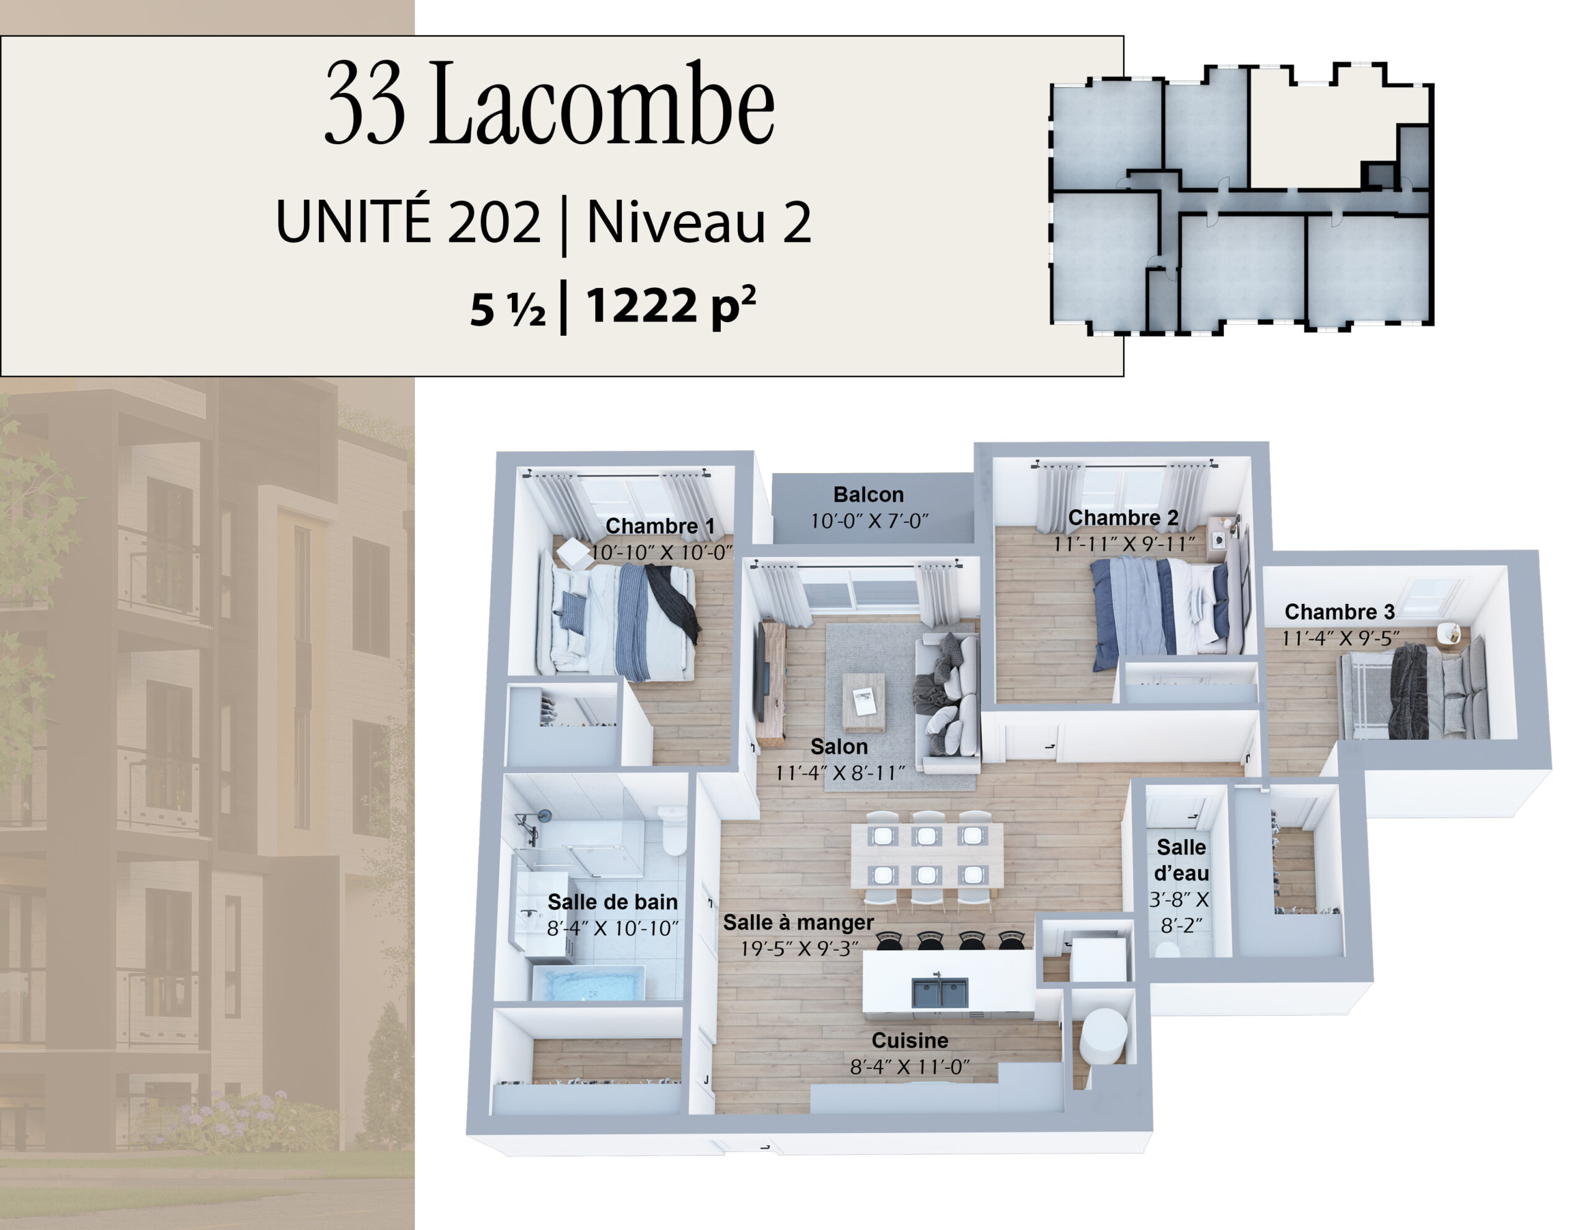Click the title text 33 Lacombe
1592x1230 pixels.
550,103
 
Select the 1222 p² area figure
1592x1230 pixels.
670,306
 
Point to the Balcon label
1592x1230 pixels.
868,494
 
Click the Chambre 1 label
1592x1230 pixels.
660,525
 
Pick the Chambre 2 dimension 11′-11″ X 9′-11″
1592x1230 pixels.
1124,544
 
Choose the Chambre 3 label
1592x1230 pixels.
1340,611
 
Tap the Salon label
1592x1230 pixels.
839,747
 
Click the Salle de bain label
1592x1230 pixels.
613,902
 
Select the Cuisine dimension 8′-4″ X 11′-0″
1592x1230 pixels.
910,1066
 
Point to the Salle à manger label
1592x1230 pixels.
798,922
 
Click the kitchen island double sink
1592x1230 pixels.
940,992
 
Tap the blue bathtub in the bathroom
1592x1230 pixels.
588,983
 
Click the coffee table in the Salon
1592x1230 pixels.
864,702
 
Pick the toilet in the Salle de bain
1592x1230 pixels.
673,830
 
